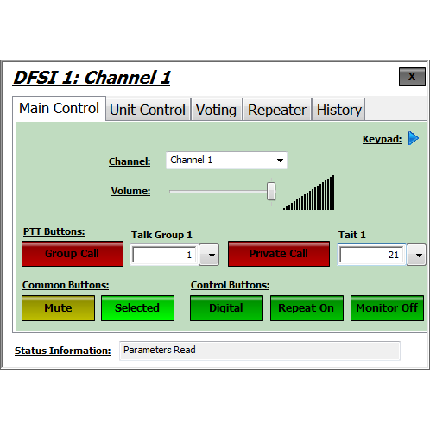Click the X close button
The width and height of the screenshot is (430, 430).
pos(412,77)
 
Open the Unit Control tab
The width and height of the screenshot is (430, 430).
pos(148,110)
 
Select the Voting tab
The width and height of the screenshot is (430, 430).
pos(216,110)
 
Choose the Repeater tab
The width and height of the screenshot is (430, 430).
pos(277,110)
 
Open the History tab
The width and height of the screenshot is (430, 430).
pos(338,110)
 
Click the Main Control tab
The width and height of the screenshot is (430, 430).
pos(59,109)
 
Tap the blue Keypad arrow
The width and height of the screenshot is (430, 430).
pos(414,138)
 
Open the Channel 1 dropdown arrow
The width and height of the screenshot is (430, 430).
pos(280,161)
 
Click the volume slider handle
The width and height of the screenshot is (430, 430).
pos(271,191)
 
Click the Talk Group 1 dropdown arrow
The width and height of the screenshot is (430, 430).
pos(212,255)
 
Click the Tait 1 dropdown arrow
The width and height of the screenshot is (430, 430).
pos(419,255)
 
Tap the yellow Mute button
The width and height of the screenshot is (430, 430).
pos(58,308)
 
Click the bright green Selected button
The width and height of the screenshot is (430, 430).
pos(137,308)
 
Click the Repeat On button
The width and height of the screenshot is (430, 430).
pos(307,308)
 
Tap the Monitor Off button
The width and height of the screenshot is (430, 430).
pos(387,308)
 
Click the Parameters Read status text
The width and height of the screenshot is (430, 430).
pos(160,350)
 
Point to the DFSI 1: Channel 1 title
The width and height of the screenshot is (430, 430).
pos(92,78)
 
